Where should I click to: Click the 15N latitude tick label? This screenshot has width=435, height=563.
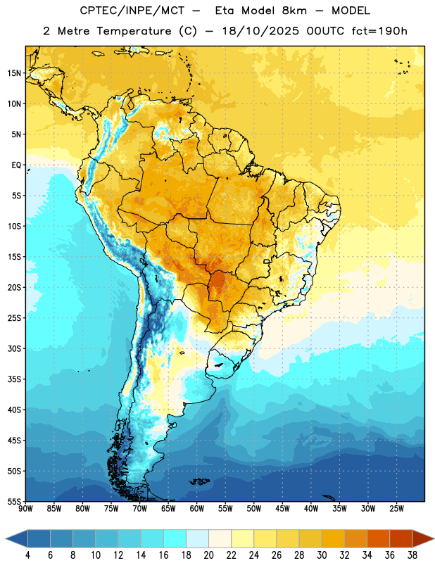click(x=14, y=73)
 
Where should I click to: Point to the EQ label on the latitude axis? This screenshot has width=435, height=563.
click(x=16, y=165)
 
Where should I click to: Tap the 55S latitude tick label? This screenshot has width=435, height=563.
click(x=14, y=501)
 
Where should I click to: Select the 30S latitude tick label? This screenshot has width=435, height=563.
click(x=14, y=348)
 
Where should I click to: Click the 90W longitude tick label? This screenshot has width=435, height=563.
click(x=26, y=509)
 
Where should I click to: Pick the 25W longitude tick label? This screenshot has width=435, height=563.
click(x=396, y=509)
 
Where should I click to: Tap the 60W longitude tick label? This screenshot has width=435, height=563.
click(x=197, y=509)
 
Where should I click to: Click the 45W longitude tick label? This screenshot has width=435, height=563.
click(x=282, y=509)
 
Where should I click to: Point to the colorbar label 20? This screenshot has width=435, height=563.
click(x=208, y=555)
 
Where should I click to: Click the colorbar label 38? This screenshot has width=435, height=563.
click(x=412, y=555)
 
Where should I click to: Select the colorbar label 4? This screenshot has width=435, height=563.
click(x=27, y=555)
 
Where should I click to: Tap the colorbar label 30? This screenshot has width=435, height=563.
click(x=322, y=555)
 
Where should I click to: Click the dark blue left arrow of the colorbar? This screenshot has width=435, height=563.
click(x=17, y=538)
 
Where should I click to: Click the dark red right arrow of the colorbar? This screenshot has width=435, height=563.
click(x=423, y=538)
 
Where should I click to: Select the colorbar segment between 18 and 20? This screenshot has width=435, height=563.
click(x=197, y=538)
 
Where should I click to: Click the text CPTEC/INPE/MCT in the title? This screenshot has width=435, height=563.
click(x=132, y=11)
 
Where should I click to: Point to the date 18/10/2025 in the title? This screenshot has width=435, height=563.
click(x=260, y=31)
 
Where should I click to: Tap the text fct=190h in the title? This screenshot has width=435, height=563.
click(x=379, y=31)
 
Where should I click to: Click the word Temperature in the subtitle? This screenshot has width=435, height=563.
click(x=134, y=31)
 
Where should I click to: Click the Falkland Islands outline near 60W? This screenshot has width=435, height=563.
click(x=199, y=481)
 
